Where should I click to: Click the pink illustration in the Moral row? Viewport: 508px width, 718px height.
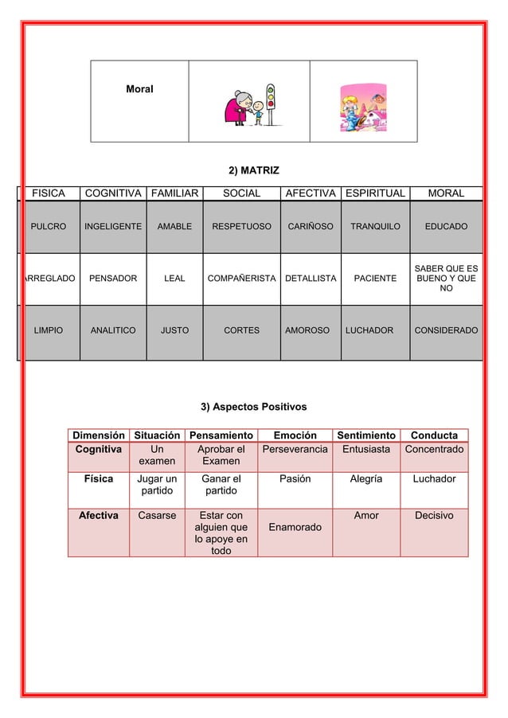click(x=362, y=101)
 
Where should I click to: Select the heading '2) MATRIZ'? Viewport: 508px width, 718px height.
click(x=253, y=170)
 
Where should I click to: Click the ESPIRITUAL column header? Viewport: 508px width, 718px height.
click(x=374, y=193)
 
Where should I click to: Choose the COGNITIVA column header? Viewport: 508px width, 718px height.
click(x=114, y=193)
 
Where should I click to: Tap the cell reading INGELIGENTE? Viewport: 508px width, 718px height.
click(x=114, y=227)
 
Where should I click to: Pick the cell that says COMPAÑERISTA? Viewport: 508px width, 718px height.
click(x=241, y=279)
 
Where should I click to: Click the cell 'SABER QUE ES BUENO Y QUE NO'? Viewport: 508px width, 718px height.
click(x=447, y=279)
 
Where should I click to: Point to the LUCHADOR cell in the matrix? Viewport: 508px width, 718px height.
click(x=369, y=330)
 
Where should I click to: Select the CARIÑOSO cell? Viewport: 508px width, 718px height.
click(x=310, y=227)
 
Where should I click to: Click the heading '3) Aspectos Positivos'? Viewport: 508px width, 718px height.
click(x=253, y=408)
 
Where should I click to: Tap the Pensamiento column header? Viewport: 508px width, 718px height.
click(x=221, y=435)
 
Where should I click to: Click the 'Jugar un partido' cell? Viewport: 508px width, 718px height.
click(x=157, y=485)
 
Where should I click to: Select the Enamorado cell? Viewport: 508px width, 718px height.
click(x=295, y=528)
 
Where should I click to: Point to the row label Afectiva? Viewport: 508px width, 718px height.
click(x=99, y=516)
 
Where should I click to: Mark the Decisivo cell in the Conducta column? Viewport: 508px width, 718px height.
click(x=434, y=516)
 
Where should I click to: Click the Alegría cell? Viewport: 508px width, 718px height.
click(x=366, y=479)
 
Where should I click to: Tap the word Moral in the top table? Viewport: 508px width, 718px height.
click(x=139, y=89)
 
